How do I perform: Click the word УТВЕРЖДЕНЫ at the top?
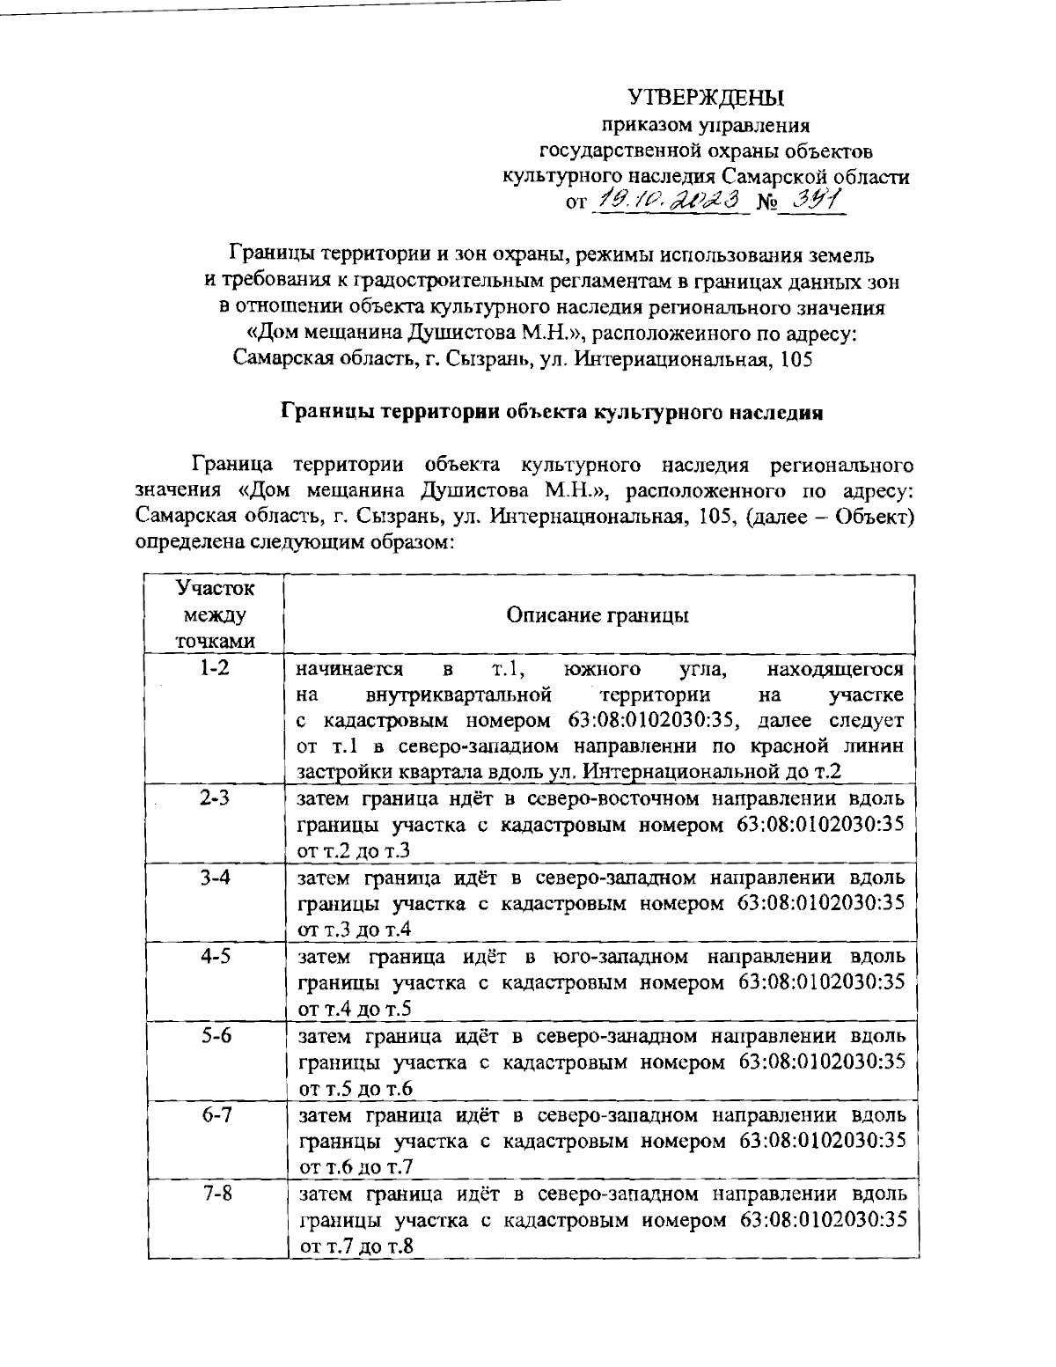(x=705, y=97)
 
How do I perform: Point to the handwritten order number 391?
(x=814, y=201)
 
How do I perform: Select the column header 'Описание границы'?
(x=598, y=614)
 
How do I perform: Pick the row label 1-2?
(x=215, y=668)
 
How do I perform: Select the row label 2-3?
(x=215, y=799)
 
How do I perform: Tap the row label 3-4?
(x=215, y=878)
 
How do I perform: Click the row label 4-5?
(x=215, y=957)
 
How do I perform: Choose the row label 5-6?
(x=215, y=1036)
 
